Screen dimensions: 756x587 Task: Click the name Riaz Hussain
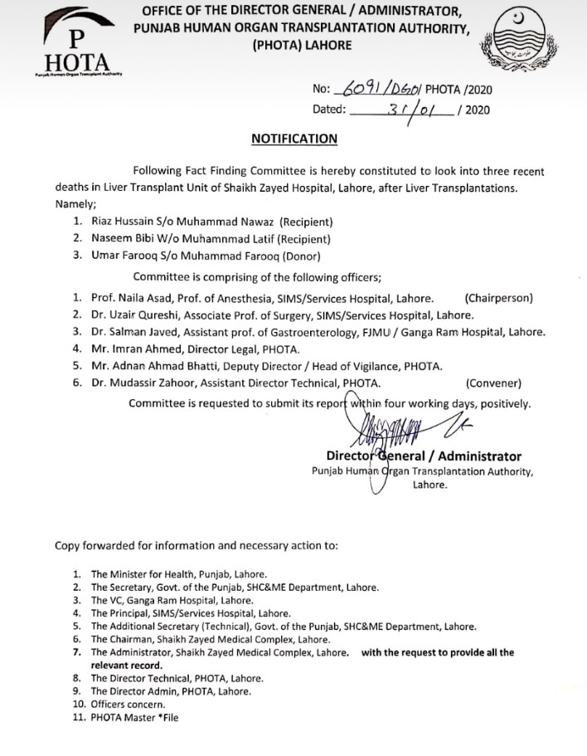tap(123, 222)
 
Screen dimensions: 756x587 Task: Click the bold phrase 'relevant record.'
tap(124, 666)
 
